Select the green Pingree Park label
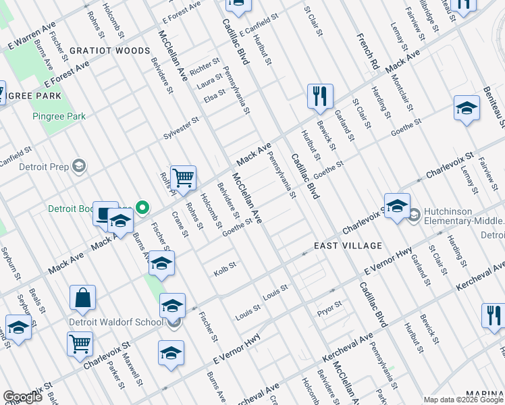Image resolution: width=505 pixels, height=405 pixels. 59,116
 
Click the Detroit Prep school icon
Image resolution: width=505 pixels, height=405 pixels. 78,166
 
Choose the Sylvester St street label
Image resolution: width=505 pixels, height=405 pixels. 181,128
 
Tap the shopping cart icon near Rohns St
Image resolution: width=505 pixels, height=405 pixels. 183,178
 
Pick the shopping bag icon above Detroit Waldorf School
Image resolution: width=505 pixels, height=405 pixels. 82,297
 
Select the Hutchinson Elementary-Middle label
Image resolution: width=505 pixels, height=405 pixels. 464,221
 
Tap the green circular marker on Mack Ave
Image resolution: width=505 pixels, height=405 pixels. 142,207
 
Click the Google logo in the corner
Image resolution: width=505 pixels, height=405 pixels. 22,397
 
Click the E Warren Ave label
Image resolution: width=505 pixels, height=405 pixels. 32,38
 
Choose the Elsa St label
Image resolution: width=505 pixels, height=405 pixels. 214,96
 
